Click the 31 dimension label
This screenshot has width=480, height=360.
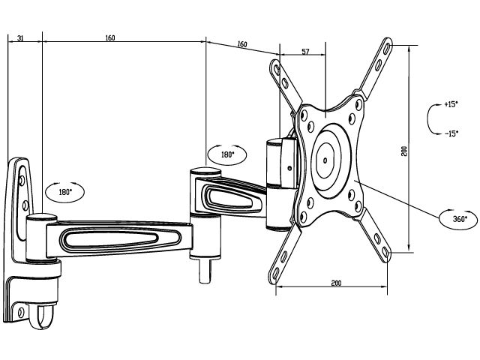click(20, 38)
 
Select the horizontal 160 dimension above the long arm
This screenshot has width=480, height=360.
click(110, 37)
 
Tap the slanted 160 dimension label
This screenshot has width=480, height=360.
click(241, 44)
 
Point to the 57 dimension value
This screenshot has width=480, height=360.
click(305, 52)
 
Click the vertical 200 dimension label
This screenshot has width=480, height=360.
click(405, 151)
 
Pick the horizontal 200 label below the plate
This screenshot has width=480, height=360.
click(336, 283)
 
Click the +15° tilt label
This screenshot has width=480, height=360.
click(451, 104)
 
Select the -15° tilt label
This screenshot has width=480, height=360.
click(451, 133)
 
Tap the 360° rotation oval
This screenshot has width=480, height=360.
click(458, 219)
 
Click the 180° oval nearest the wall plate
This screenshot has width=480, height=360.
click(64, 192)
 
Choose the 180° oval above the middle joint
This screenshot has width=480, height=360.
click(226, 155)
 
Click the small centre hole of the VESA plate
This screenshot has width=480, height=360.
click(325, 160)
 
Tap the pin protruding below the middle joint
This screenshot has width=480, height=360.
click(205, 271)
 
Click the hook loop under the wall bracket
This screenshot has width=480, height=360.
click(41, 316)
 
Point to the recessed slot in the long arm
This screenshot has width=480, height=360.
click(120, 238)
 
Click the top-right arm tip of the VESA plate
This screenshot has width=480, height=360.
click(387, 44)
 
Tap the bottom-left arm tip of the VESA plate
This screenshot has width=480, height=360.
click(274, 277)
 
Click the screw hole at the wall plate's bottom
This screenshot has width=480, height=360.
click(21, 313)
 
